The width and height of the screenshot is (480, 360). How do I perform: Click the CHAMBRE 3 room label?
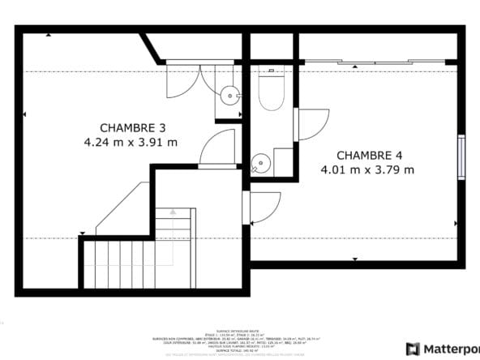pos(133,127)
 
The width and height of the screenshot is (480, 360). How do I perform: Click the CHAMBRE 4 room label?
pos(368,155)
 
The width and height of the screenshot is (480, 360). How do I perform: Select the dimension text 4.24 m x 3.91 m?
pos(131,142)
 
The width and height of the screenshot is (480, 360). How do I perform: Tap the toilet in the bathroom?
pos(270,91)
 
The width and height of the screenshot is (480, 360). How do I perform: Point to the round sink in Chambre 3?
pos(230,96)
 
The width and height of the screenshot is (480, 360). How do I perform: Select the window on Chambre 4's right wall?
pos(461,156)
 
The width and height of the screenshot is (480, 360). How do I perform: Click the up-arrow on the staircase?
pos(173,212)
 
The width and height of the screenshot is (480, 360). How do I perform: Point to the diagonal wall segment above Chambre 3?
pos(152,47)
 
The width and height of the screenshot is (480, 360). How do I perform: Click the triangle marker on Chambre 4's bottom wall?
pos(356,260)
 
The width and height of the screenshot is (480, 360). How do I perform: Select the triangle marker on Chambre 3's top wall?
pos(49,35)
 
